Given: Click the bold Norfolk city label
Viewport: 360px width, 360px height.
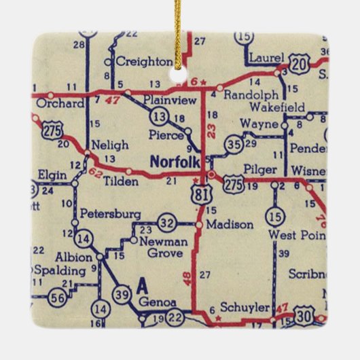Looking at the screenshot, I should [175, 162].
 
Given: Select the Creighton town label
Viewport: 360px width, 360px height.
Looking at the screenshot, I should [144, 62].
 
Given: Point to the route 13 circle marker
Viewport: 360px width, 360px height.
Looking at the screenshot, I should [160, 115].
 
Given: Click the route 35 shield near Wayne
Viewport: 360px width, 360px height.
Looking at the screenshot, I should [234, 144].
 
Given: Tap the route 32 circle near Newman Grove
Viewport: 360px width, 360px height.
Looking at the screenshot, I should [167, 222].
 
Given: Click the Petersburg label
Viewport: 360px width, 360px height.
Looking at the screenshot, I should [110, 214].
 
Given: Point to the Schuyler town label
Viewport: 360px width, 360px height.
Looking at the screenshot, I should [245, 308].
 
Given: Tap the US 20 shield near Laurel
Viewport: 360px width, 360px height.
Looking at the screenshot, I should [300, 62].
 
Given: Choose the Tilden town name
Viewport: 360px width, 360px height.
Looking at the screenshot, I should [122, 181].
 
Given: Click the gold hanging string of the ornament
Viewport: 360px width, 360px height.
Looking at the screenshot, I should [178, 27].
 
